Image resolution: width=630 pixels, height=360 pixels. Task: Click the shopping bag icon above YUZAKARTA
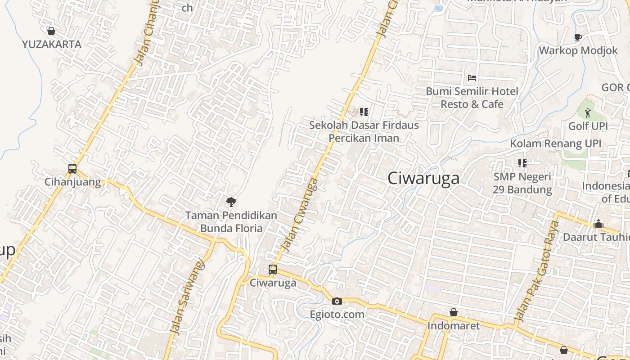(x=51, y=31)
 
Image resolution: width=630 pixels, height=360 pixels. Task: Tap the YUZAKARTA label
(x=52, y=44)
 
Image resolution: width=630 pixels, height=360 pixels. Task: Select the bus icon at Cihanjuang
(x=72, y=169)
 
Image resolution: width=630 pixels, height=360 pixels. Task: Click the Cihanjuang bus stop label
(x=72, y=182)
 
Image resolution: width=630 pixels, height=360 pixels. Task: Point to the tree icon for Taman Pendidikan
(x=231, y=202)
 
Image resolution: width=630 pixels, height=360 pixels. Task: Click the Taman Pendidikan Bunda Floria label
(x=231, y=222)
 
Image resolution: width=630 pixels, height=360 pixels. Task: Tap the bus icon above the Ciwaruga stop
(x=273, y=270)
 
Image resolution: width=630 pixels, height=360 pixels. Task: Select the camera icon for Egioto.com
(x=337, y=301)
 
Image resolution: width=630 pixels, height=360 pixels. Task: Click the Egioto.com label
(x=337, y=314)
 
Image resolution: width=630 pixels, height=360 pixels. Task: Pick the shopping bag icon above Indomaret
(x=454, y=312)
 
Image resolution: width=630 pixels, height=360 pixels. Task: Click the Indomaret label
(x=454, y=325)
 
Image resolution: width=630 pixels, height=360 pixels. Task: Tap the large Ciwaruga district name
(x=423, y=178)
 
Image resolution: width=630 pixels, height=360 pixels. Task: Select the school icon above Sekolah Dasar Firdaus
(x=364, y=112)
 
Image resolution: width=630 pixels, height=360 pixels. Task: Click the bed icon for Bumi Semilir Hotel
(x=472, y=78)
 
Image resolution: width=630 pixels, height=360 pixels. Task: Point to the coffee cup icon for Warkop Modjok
(x=578, y=37)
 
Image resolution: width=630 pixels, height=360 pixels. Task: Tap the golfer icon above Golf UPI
(x=588, y=112)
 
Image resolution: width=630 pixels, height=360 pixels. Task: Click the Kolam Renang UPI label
(x=555, y=144)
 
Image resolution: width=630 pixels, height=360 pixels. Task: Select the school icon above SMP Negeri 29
(x=522, y=163)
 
